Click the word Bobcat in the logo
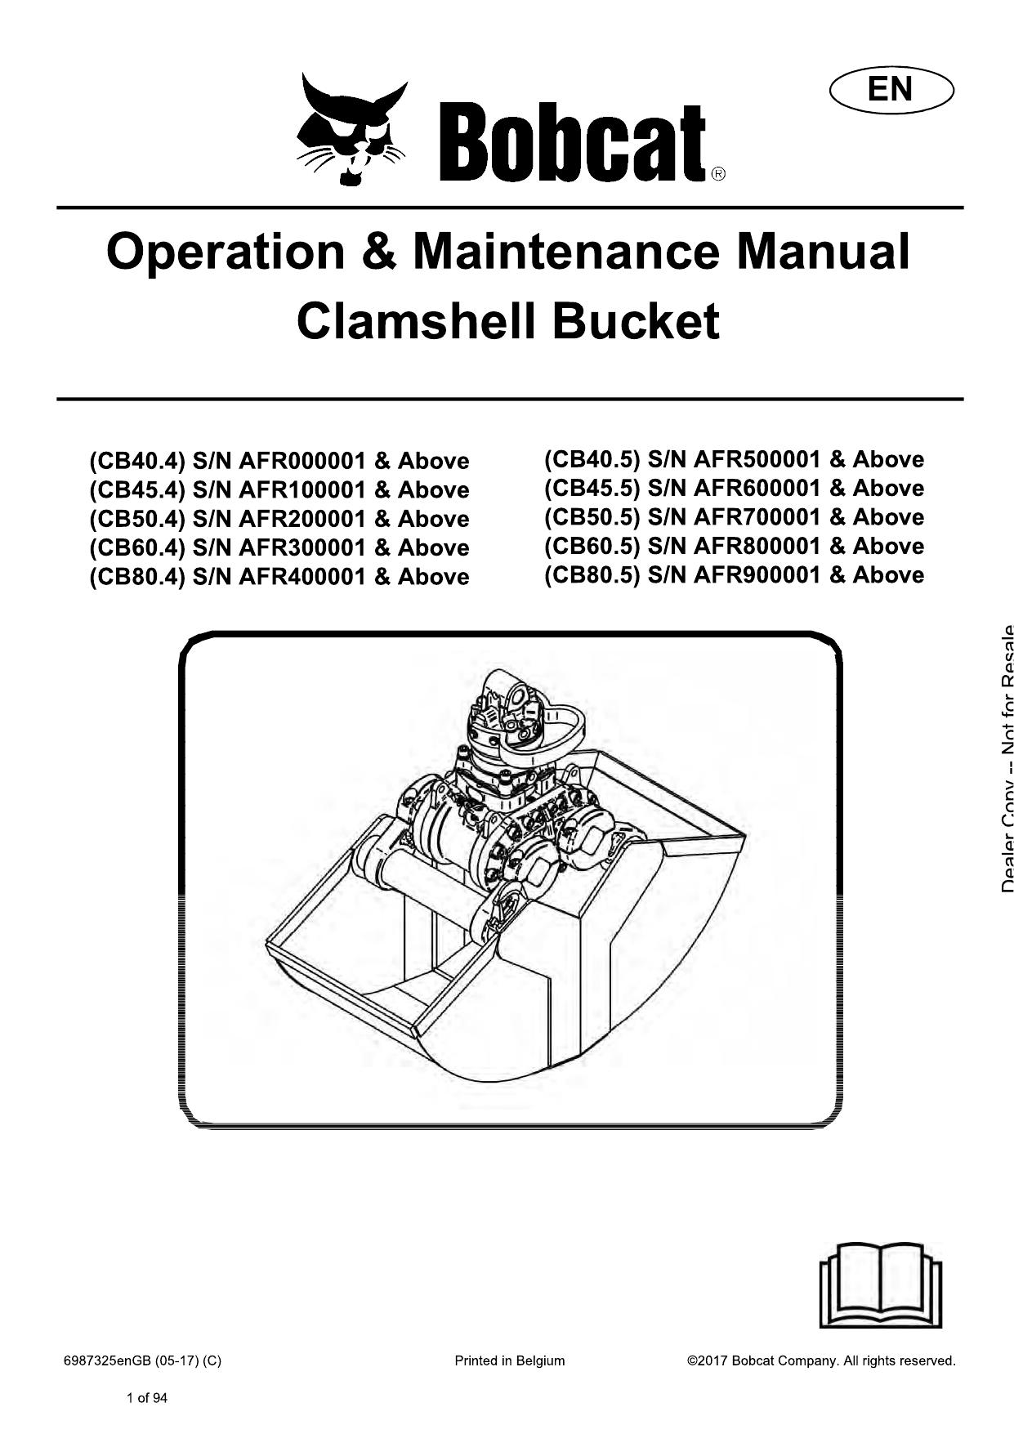point(573,143)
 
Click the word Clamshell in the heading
point(417,321)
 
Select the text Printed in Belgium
point(509,1360)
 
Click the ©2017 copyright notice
point(821,1360)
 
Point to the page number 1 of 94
point(147,1398)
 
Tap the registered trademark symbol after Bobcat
point(717,173)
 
